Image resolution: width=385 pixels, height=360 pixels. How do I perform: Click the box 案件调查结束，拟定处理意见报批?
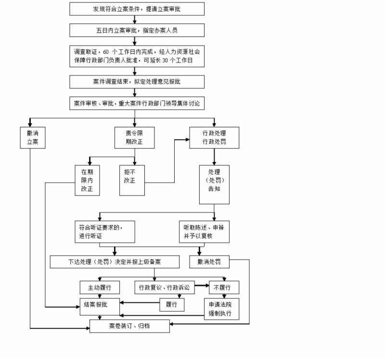[x=137, y=82]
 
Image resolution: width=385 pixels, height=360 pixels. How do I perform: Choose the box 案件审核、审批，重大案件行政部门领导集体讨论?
[x=137, y=103]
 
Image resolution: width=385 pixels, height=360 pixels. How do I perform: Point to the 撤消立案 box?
[x=33, y=137]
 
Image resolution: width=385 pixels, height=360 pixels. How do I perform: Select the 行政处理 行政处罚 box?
[x=214, y=137]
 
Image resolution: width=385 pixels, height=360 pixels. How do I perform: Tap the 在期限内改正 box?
[x=87, y=180]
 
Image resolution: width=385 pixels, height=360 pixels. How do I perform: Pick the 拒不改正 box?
[x=132, y=180]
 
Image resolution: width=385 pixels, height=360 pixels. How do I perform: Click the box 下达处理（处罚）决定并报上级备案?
[x=115, y=262]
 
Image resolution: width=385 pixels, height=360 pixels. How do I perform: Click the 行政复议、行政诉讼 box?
[x=164, y=287]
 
